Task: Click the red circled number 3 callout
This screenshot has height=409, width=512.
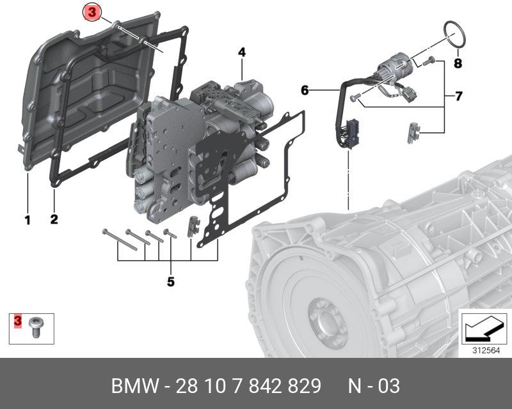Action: tap(92, 12)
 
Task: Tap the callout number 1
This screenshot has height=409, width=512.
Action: tap(28, 220)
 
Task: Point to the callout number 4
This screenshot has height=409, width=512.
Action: tap(242, 52)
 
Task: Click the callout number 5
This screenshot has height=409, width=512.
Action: tap(170, 281)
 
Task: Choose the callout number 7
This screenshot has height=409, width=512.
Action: tap(458, 96)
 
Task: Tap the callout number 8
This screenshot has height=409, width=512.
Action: tap(458, 63)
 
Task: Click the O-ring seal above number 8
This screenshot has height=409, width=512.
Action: tap(453, 35)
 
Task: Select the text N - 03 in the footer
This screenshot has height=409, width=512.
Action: tap(374, 387)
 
